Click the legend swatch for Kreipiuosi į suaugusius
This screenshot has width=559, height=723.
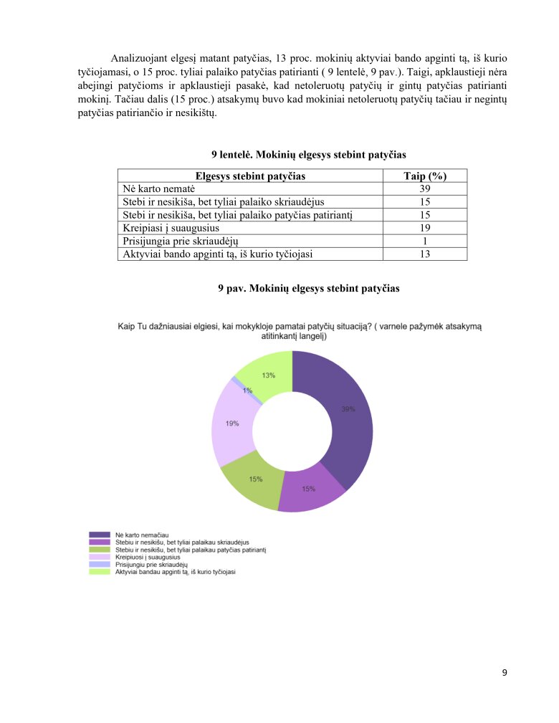[x=99, y=557]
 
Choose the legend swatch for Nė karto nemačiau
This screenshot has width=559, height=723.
[x=99, y=535]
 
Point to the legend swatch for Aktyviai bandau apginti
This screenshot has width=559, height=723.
[x=99, y=572]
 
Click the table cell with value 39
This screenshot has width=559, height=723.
[x=424, y=188]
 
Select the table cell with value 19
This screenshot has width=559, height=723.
[x=424, y=227]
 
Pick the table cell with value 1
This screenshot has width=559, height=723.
[x=424, y=240]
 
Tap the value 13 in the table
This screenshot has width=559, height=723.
[x=424, y=253]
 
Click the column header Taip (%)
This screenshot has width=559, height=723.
[x=424, y=176]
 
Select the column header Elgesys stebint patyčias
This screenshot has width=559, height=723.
[x=250, y=176]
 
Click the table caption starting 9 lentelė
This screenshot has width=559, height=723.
[x=308, y=155]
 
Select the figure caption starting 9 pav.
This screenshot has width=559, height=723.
[x=308, y=288]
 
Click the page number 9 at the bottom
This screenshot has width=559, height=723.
[x=505, y=672]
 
